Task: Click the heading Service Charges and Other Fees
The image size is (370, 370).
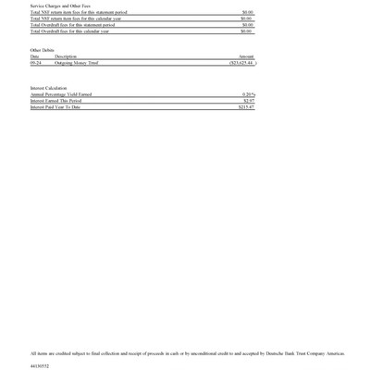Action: [x=58, y=6]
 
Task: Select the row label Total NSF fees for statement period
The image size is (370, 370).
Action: [x=79, y=12]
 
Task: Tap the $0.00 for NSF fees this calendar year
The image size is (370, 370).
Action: [x=247, y=18]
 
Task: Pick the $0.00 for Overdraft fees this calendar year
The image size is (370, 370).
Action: [x=247, y=31]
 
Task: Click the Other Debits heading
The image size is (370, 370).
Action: [x=43, y=50]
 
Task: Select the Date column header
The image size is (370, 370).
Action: [x=34, y=56]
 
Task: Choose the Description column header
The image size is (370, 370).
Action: [x=66, y=56]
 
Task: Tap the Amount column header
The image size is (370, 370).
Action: [x=246, y=56]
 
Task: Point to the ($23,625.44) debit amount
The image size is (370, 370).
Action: [x=241, y=63]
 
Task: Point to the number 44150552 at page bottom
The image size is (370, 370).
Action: [x=39, y=366]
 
